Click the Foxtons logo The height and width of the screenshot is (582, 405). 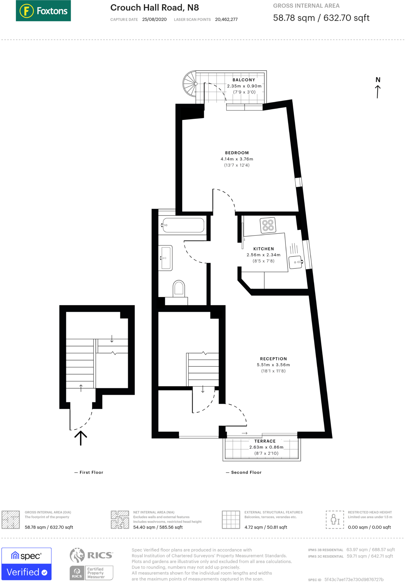coord(43,11)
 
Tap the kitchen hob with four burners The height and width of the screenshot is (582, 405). coord(268,225)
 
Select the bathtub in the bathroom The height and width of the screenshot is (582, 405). coord(183,225)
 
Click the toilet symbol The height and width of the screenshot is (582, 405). coord(179,288)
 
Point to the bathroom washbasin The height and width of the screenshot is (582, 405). coord(166,258)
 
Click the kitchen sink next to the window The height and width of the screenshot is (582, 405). coord(295,262)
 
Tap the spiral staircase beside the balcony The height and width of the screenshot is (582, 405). coord(189,84)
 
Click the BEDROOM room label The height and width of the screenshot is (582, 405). coord(237,153)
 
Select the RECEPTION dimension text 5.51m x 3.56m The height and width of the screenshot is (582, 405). coord(273,365)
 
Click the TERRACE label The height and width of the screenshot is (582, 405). coord(265,441)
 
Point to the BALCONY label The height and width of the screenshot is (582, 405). coord(244,80)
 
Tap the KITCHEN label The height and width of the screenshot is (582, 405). coord(264,249)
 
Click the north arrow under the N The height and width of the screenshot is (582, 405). coord(378,92)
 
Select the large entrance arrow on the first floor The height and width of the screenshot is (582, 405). coord(81,438)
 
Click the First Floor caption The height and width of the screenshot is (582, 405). coord(91,472)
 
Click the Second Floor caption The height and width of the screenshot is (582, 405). coord(246,472)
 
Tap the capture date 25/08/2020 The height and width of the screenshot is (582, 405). coord(154,19)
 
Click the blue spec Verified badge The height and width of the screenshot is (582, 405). coord(26,564)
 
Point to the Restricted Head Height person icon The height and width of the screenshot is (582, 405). coord(335,519)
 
